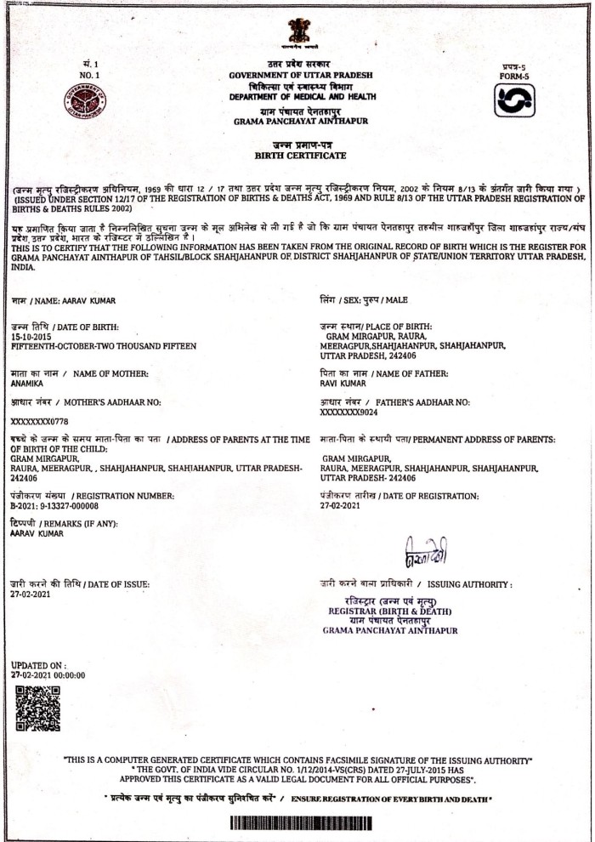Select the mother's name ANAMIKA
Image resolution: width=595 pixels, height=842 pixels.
click(29, 384)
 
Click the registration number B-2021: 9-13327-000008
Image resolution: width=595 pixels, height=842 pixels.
click(62, 505)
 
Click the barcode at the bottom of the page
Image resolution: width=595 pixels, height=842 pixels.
click(298, 824)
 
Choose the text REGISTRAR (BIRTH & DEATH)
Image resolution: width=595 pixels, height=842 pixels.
click(391, 612)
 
